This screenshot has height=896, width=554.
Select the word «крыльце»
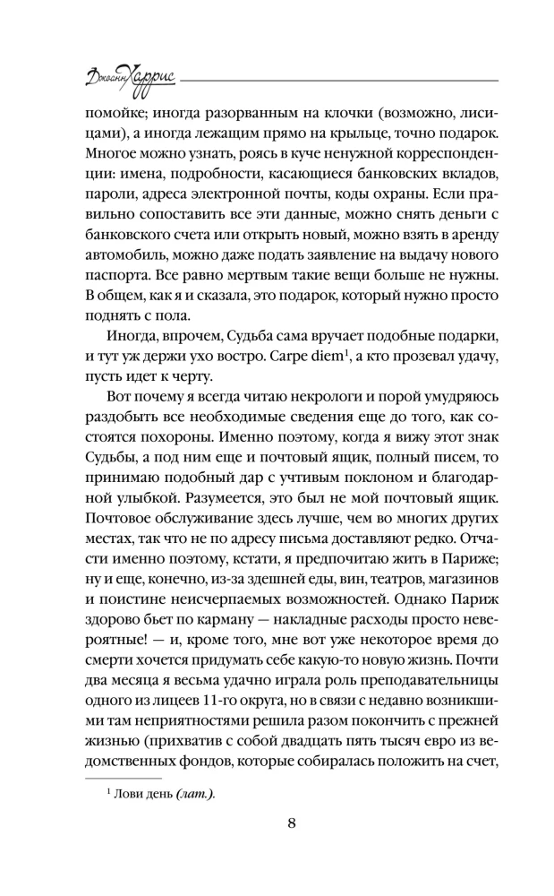397,133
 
